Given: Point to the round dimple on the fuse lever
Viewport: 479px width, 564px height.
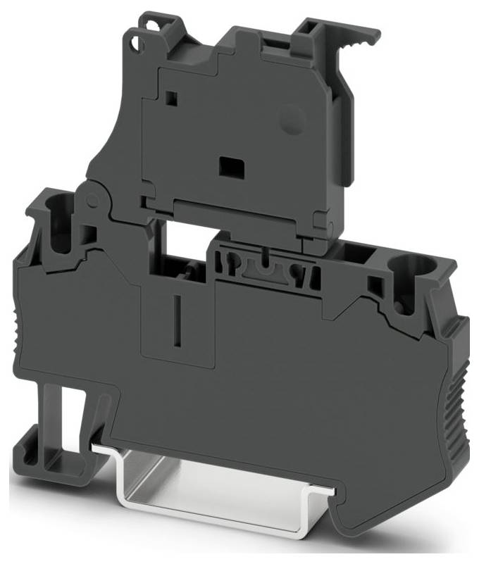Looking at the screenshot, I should [291, 119].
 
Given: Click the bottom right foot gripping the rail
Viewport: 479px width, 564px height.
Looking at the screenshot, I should [352, 514].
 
